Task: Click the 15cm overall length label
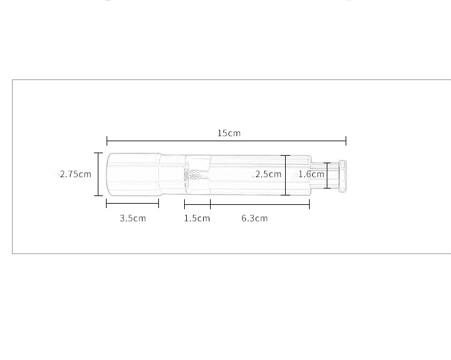pyautogui.click(x=229, y=133)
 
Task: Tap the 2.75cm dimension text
pyautogui.click(x=76, y=174)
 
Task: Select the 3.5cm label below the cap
pyautogui.click(x=132, y=218)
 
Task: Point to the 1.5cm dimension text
pyautogui.click(x=197, y=218)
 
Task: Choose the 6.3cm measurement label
pyautogui.click(x=254, y=218)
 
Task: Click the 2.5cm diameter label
pyautogui.click(x=268, y=174)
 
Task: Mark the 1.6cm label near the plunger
pyautogui.click(x=311, y=174)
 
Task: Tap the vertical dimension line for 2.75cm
pyautogui.click(x=98, y=174)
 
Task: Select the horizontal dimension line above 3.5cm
pyautogui.click(x=132, y=204)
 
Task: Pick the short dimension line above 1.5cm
pyautogui.click(x=197, y=204)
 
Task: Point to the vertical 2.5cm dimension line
pyautogui.click(x=286, y=175)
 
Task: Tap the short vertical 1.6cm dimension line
pyautogui.click(x=327, y=175)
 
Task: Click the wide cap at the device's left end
pyautogui.click(x=132, y=174)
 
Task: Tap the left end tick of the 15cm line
pyautogui.click(x=107, y=141)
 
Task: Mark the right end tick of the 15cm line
pyautogui.click(x=346, y=141)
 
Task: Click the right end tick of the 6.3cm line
pyautogui.click(x=309, y=204)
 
